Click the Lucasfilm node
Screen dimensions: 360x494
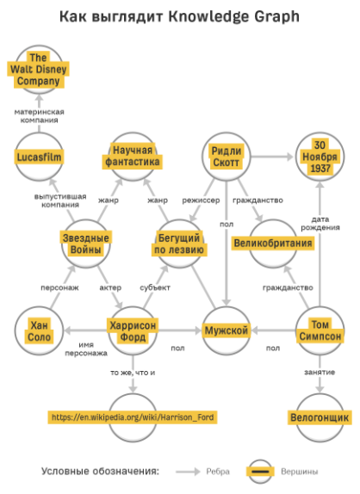click(x=39, y=157)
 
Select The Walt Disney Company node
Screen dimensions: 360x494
click(x=39, y=70)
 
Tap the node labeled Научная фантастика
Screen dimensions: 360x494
click(x=133, y=157)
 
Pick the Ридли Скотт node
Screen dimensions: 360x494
click(x=226, y=157)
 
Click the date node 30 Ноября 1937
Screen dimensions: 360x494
click(x=320, y=157)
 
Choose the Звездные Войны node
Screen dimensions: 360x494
click(x=86, y=244)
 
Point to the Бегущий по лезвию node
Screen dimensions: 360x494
click(x=179, y=244)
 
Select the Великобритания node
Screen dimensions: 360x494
click(x=273, y=244)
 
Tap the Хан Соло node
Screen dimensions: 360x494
click(x=39, y=330)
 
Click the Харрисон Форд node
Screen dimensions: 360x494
click(x=133, y=330)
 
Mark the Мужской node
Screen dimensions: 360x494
click(x=226, y=330)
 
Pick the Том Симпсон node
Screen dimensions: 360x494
click(x=320, y=330)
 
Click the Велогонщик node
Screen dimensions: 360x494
click(x=320, y=417)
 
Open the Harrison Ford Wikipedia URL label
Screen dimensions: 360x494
click(x=133, y=417)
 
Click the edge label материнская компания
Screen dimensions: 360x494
click(x=39, y=116)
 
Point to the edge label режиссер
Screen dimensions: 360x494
click(x=201, y=201)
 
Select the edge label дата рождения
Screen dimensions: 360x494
click(x=320, y=224)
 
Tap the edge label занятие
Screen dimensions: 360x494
click(x=320, y=373)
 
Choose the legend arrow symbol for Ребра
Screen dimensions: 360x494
click(x=188, y=472)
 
